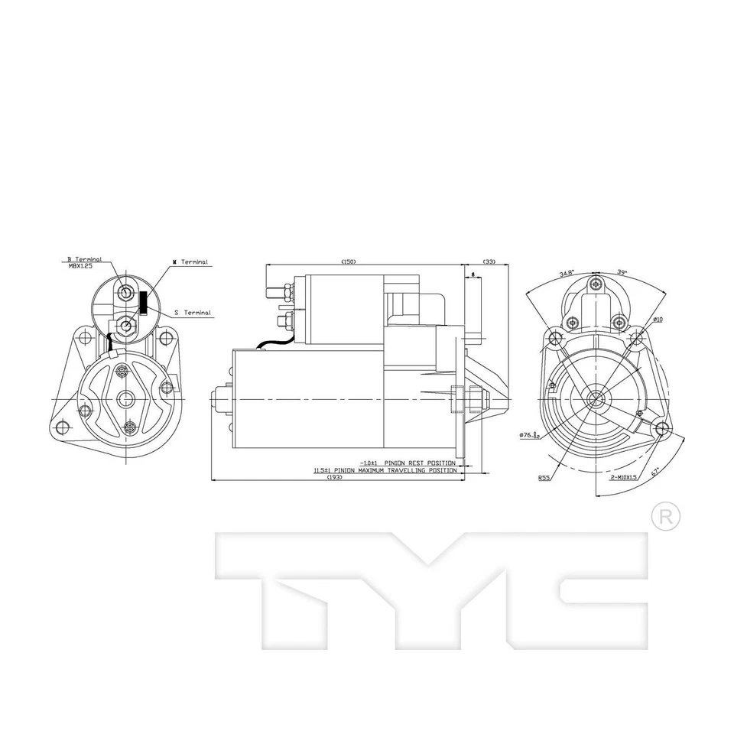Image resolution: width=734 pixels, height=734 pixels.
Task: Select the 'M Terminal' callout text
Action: pos(190,262)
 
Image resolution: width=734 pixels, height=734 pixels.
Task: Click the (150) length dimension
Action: pos(348,261)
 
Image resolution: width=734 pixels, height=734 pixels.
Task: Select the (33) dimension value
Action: pos(489,261)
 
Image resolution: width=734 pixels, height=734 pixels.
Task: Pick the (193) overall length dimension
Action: pos(334,477)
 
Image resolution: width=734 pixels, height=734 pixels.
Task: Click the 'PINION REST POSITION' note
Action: pos(419,463)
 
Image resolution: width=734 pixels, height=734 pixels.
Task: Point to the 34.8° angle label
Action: pos(567,273)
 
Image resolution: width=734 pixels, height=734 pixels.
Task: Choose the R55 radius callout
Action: pos(544,478)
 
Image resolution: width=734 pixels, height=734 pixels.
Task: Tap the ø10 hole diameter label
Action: pos(658,319)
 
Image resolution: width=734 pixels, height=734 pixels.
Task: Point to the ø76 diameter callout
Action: pos(530,434)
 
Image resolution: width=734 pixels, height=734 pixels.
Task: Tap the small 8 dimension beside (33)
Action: pos(474,274)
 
